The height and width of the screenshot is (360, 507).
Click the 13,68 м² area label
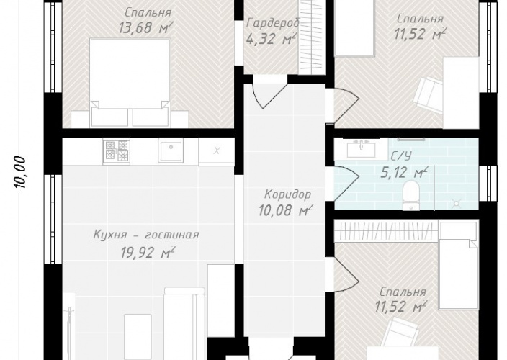145,27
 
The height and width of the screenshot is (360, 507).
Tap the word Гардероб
273,23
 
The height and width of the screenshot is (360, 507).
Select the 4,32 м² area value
271,39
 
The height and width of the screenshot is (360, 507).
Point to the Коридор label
288,194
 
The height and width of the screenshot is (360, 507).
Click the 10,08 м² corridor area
286,210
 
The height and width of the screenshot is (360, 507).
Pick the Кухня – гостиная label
146,235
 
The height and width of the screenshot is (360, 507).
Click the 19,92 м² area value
148,253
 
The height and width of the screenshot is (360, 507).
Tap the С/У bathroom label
401,156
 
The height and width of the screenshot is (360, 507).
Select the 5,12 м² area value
404,173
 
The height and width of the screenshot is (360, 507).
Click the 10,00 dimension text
20,172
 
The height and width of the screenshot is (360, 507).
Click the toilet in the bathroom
411,195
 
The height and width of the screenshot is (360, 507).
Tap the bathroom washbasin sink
361,149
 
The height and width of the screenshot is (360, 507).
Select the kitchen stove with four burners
117,151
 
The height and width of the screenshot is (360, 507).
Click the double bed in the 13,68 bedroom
130,82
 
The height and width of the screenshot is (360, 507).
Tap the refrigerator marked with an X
216,151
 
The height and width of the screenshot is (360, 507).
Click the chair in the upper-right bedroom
429,93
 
